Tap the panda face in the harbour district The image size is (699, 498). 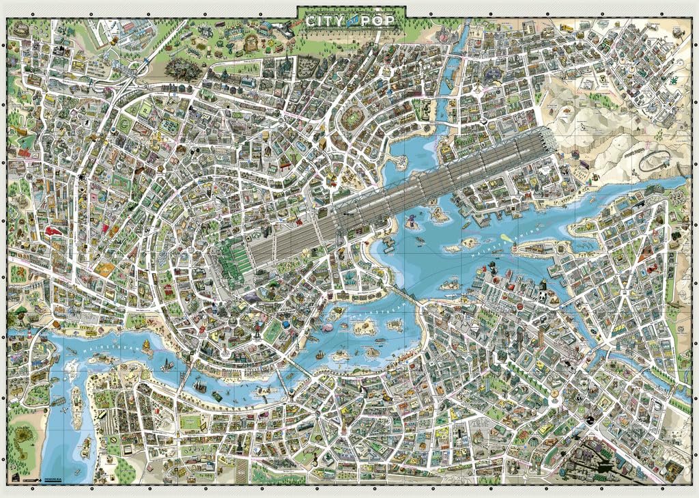click(538, 296)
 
